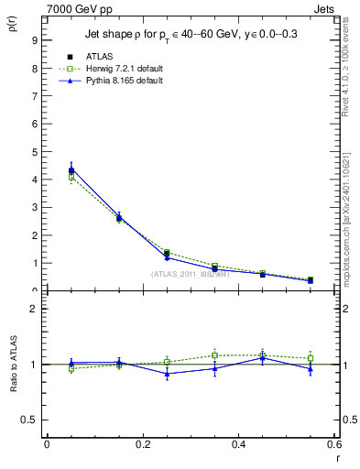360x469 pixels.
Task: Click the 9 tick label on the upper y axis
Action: [33, 40]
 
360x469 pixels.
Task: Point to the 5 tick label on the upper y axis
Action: [33, 152]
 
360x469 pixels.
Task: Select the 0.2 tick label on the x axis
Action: [141, 444]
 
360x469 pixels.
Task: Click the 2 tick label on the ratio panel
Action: [33, 309]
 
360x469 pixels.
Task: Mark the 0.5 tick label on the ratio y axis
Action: [29, 420]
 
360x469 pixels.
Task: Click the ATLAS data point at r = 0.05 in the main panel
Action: [71, 170]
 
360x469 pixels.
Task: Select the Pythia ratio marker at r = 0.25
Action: [167, 374]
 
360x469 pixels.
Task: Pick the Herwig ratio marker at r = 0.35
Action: [214, 355]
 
